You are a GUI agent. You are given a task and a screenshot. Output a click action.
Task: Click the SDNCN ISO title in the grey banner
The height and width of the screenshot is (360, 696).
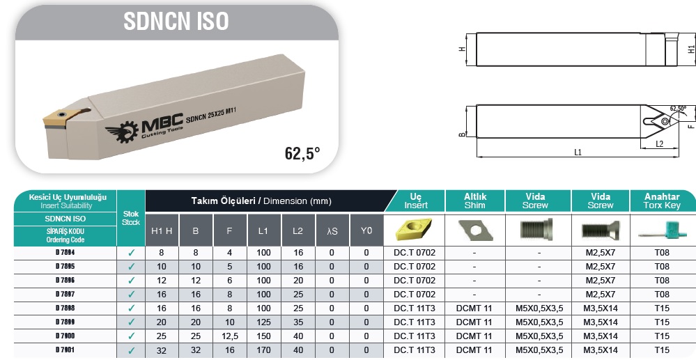coord(176,21)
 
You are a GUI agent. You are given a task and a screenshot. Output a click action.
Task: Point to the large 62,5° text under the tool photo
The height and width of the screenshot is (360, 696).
coord(302,154)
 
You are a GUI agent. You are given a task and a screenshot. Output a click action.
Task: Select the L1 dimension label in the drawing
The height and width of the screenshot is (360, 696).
coord(578,152)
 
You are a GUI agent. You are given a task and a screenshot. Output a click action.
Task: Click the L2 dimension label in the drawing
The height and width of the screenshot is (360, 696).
coord(659,144)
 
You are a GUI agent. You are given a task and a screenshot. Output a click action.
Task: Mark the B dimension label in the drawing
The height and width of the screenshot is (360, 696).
coord(462,134)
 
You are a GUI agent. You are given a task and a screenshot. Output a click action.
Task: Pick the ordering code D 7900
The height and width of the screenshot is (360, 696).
coord(65,336)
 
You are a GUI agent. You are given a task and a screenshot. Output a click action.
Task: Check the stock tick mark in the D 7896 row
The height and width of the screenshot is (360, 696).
coord(132,281)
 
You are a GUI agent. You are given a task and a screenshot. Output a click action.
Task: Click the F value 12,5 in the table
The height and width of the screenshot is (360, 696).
coord(230,336)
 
